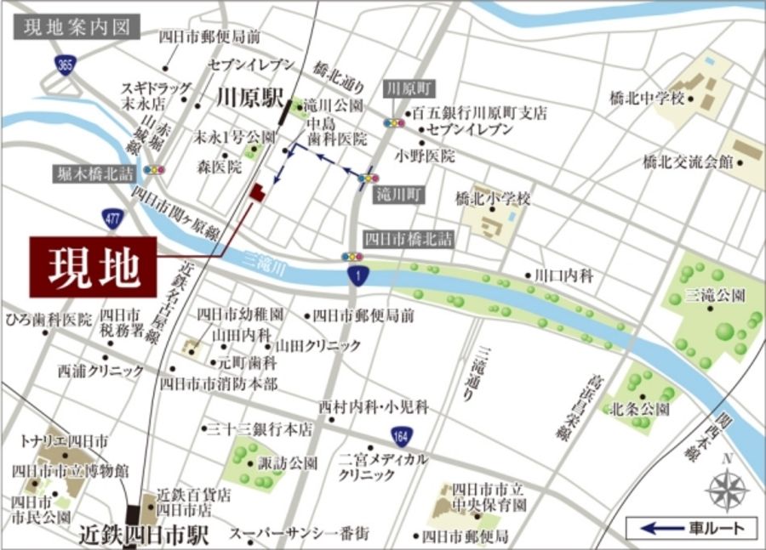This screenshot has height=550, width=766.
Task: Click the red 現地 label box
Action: click(94, 267)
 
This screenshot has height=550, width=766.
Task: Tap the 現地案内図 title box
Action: click(75, 26)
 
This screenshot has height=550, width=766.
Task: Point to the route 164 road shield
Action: click(403, 437)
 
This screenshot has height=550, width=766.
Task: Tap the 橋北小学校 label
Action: click(493, 200)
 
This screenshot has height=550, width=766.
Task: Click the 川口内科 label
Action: click(563, 275)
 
